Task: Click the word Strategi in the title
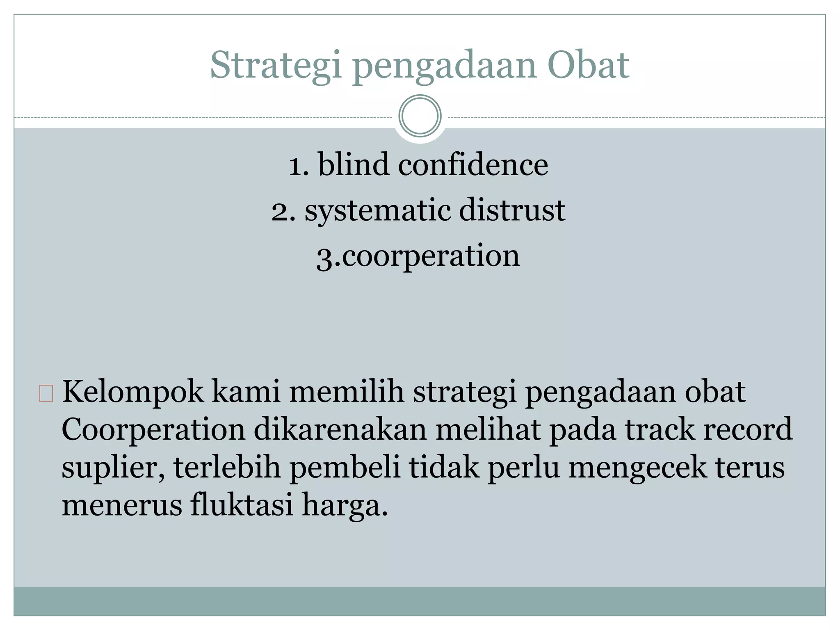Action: [x=276, y=66]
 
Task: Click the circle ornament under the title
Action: [x=420, y=116]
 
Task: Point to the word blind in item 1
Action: [x=354, y=164]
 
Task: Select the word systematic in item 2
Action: [x=377, y=210]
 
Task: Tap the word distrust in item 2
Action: [x=512, y=210]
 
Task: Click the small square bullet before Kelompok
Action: [x=46, y=393]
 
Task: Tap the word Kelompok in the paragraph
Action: [x=132, y=392]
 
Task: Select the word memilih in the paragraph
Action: [x=347, y=392]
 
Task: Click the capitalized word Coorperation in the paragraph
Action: [x=153, y=430]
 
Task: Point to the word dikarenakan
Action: [x=340, y=430]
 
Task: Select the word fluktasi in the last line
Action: [x=242, y=505]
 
